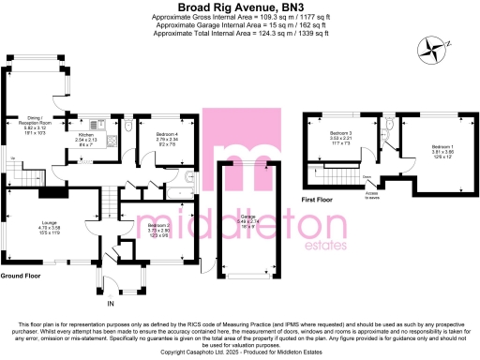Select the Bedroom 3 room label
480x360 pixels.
click(x=340, y=137)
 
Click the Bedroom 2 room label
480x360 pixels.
click(x=156, y=228)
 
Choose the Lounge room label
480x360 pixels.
click(x=48, y=225)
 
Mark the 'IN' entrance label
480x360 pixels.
click(x=111, y=305)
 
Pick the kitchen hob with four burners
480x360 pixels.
click(x=111, y=141)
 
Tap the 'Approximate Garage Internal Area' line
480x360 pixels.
click(x=240, y=26)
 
